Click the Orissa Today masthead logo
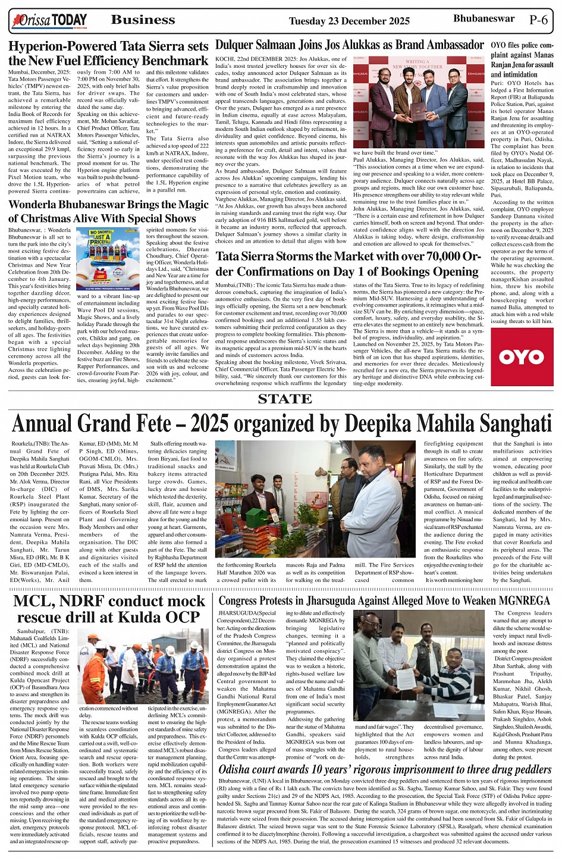point(49,21)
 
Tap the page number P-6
point(539,20)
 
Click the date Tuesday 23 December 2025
point(349,21)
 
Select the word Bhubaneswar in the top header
point(483,18)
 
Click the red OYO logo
point(522,356)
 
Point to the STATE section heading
point(285,399)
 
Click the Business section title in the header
point(143,20)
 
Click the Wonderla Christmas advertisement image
point(108,258)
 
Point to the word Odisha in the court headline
point(241,769)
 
